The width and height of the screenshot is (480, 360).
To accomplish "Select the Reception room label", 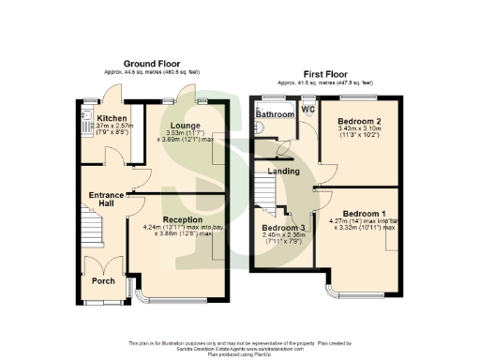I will (x=176, y=218).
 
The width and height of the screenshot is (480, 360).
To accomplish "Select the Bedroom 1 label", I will (x=365, y=213).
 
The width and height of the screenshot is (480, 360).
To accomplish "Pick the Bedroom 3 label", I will (x=283, y=228).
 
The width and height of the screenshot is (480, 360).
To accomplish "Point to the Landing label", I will (x=283, y=172).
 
